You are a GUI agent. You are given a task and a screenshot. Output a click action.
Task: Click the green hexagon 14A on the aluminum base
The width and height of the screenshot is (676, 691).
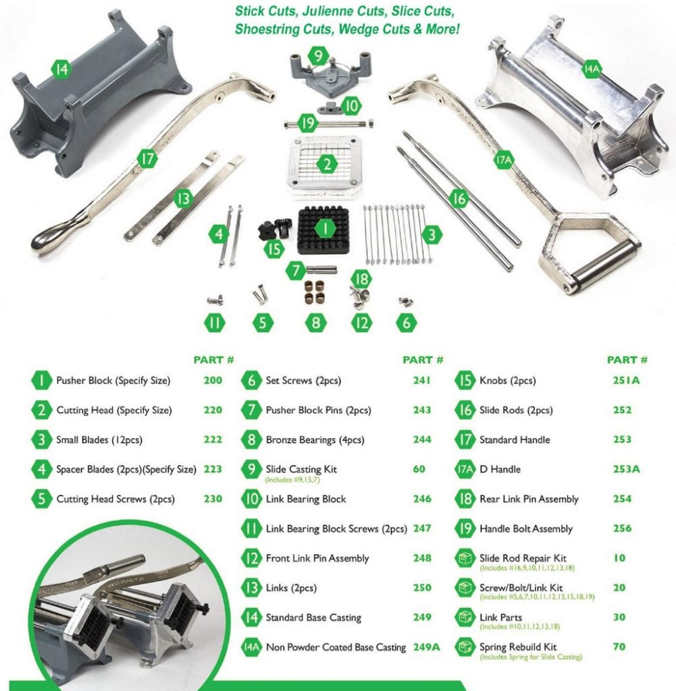[592, 68]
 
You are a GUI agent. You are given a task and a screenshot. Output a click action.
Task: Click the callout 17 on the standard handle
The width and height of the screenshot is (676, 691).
[147, 159]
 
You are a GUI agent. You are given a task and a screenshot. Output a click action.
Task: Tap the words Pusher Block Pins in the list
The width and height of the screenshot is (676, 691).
[317, 410]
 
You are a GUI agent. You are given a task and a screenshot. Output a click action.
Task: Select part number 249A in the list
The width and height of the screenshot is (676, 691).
[426, 647]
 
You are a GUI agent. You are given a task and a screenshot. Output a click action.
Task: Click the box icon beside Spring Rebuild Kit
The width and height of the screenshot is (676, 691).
[465, 647]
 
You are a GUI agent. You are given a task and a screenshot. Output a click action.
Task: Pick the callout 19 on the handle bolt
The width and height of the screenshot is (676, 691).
[308, 123]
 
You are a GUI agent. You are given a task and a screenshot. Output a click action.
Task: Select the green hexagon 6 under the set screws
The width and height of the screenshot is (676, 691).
[405, 323]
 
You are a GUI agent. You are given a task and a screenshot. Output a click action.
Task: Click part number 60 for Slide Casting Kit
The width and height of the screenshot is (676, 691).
[419, 469]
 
